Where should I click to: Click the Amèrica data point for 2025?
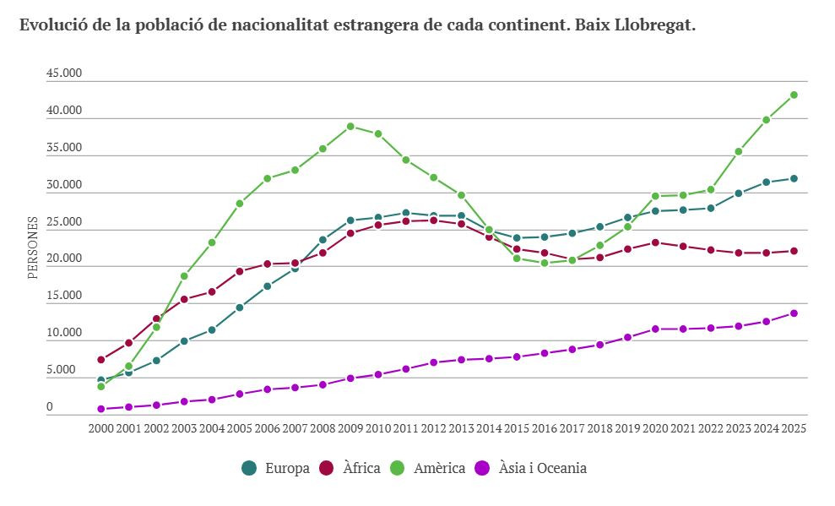tap(794, 95)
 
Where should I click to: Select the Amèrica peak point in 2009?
tap(350, 127)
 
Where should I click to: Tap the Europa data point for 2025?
tap(794, 178)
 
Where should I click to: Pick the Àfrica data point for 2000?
tap(101, 360)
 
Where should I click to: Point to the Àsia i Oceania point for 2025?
tap(794, 313)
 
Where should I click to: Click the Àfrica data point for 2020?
tap(655, 242)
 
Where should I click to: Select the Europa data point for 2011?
tap(406, 213)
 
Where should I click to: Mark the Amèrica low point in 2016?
tap(545, 263)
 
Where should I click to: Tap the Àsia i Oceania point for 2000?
tap(101, 409)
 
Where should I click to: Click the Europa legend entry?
tap(275, 468)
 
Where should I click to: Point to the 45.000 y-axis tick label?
tap(64, 73)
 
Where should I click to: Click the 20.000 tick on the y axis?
tap(64, 258)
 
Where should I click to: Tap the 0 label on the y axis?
tap(50, 407)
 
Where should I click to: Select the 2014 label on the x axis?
tap(489, 428)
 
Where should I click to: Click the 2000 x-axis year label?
tap(101, 428)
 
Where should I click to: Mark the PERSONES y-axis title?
tap(33, 248)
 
